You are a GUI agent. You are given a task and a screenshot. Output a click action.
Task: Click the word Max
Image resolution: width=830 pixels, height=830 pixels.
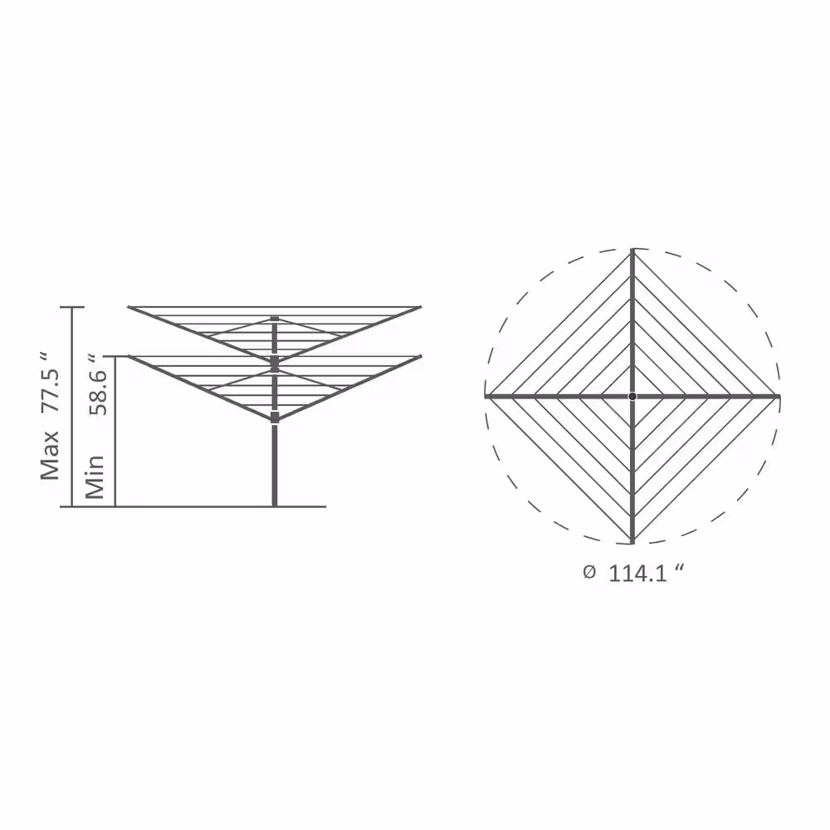(x=51, y=455)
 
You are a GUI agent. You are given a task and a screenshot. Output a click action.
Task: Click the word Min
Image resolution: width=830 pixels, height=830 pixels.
(x=95, y=477)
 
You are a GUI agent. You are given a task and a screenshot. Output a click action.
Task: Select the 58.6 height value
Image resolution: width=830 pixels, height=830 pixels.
(x=97, y=393)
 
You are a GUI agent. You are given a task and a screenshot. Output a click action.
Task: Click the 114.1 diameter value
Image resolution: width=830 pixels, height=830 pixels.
(x=637, y=574)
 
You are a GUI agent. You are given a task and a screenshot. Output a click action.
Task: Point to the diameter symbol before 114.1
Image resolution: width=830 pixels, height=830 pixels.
(x=589, y=572)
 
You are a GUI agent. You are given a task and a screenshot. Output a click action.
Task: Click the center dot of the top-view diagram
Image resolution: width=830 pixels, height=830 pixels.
(x=632, y=396)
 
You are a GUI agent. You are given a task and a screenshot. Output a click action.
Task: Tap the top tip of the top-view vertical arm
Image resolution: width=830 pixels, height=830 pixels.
(x=632, y=249)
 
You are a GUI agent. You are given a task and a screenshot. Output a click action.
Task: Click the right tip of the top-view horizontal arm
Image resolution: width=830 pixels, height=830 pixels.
(x=779, y=396)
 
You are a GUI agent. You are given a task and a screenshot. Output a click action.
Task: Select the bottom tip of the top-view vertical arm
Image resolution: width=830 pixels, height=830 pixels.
(x=632, y=543)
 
